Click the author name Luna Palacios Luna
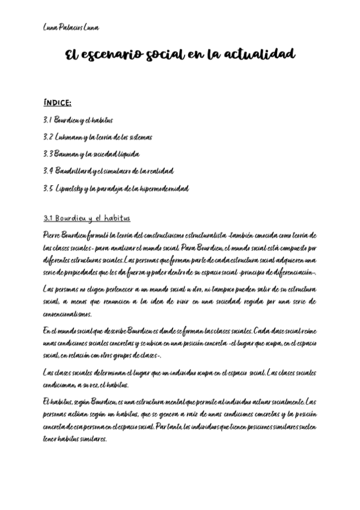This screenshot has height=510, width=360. click(71, 28)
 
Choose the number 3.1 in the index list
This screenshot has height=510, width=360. click(48, 120)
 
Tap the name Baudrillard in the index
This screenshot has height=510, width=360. click(76, 171)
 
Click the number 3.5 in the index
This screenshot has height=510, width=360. click(48, 188)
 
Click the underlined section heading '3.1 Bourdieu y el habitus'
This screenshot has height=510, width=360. click(87, 218)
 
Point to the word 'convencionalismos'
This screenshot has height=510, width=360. click(68, 313)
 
